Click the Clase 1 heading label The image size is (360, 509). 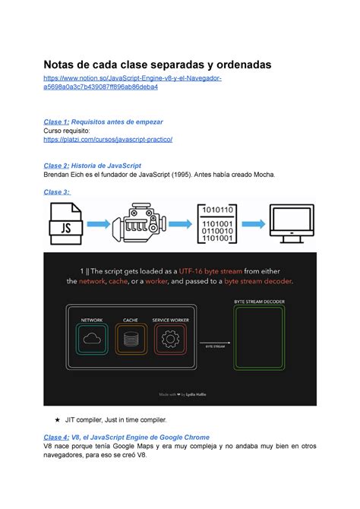coord(56,122)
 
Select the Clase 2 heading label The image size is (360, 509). coord(56,165)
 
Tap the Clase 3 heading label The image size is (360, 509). coord(57,192)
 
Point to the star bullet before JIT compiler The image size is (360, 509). coord(56,419)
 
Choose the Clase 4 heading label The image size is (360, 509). coord(56,437)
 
